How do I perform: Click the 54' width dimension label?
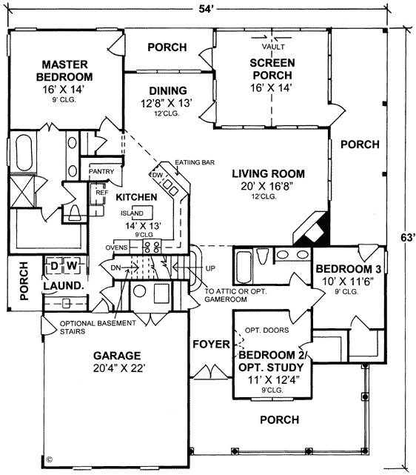[x=207, y=9]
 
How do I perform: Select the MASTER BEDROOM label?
[x=64, y=70]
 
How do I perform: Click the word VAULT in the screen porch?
[x=273, y=47]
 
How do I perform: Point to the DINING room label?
[x=168, y=90]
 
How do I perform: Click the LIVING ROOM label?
[x=269, y=173]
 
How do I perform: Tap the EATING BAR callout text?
[x=195, y=162]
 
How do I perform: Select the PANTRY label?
[x=101, y=171]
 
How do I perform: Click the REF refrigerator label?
[x=102, y=193]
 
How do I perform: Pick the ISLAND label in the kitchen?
[x=132, y=213]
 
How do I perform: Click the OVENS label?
[x=116, y=248]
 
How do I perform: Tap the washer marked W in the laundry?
[x=72, y=266]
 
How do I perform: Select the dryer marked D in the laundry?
[x=54, y=266]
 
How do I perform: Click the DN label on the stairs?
[x=115, y=268]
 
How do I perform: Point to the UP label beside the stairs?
[x=210, y=268]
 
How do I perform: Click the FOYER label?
[x=212, y=344]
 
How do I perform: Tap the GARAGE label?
[x=117, y=356]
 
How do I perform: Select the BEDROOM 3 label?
[x=348, y=269]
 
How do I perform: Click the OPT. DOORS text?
[x=266, y=330]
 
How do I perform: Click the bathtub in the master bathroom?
[x=24, y=153]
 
